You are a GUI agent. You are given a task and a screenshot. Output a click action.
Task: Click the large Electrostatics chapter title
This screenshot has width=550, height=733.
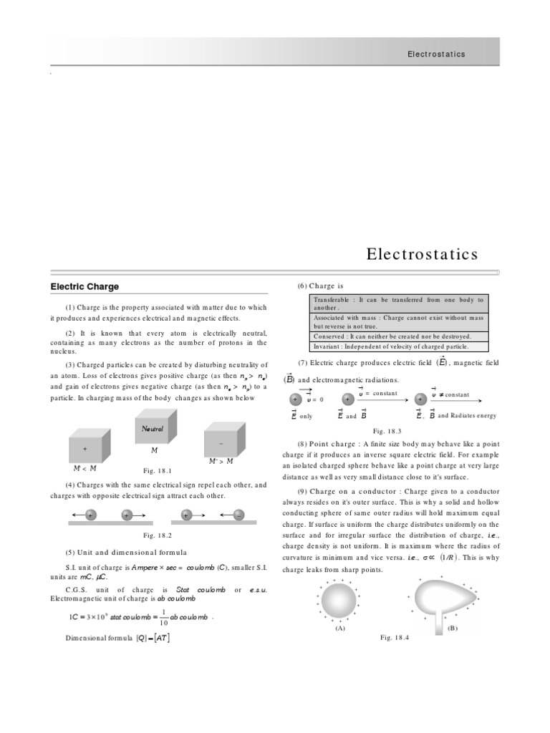[x=422, y=254]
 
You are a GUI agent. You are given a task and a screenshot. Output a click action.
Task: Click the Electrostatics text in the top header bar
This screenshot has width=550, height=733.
[x=436, y=54]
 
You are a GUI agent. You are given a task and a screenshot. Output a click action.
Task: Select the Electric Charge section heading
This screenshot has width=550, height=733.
[x=85, y=286]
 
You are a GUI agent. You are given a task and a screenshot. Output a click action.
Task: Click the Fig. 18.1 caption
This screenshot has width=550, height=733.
[x=158, y=470]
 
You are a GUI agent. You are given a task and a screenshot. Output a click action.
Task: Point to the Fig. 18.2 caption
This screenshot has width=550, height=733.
[x=158, y=535]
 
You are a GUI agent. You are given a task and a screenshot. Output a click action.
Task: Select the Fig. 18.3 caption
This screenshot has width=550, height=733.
[x=387, y=431]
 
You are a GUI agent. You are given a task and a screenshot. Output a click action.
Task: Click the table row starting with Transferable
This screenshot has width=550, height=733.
[x=398, y=304]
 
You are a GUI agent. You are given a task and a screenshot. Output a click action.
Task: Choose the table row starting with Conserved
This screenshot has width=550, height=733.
[x=398, y=336]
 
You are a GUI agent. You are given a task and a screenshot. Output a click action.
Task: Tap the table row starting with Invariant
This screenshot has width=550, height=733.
[x=398, y=346]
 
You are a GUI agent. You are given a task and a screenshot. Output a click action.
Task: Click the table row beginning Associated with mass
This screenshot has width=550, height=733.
[x=398, y=321]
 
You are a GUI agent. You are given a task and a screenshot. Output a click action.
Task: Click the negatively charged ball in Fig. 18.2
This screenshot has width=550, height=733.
[x=239, y=515]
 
